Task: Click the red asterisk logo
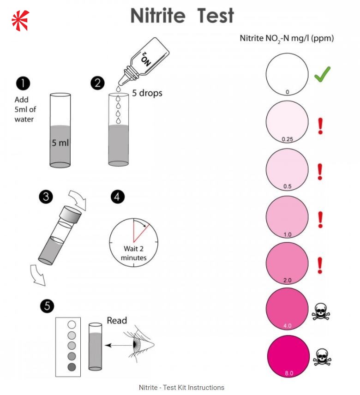(x=20, y=20)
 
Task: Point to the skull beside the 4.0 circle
(x=321, y=312)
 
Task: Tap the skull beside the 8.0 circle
(x=323, y=357)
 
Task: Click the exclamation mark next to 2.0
(x=320, y=265)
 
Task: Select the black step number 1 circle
(x=23, y=84)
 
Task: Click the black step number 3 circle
(x=45, y=197)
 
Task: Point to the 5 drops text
(x=147, y=93)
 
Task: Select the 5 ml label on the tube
(x=60, y=143)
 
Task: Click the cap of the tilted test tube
(x=72, y=213)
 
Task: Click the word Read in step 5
(x=116, y=320)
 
